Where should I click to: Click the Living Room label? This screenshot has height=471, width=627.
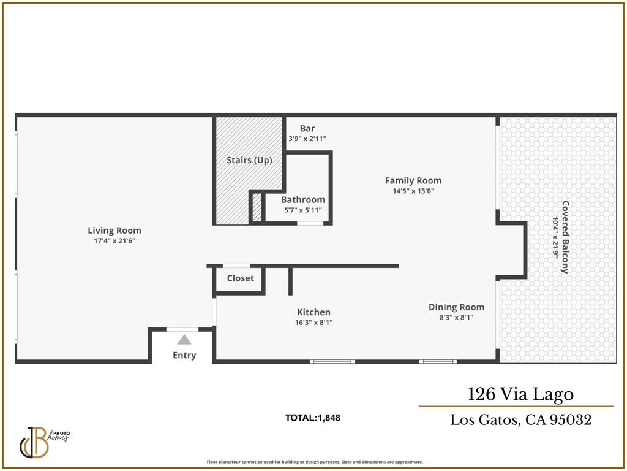115,231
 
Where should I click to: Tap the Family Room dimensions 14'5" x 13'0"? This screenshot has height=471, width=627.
413,191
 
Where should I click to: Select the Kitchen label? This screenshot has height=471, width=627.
313,312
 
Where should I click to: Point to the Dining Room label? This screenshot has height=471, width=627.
456,307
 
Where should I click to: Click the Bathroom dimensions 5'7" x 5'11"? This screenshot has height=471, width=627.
302,210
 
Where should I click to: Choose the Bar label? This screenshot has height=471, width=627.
307,129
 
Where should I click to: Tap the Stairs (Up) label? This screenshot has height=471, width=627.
249,160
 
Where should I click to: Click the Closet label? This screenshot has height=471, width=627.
240,278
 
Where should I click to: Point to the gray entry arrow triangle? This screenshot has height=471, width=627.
184,340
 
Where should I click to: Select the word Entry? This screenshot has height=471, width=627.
184,355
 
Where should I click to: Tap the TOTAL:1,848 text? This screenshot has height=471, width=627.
313,418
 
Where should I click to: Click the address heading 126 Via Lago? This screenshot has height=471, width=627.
520,394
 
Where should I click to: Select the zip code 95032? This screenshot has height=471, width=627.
571,419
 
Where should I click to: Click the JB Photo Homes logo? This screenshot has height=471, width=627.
44,443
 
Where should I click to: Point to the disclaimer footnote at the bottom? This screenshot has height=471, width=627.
315,462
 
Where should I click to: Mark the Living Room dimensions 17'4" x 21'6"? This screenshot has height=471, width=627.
115,240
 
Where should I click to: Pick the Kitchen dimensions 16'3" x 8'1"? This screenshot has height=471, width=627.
313,323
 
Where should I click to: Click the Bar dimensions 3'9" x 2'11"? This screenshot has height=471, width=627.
307,139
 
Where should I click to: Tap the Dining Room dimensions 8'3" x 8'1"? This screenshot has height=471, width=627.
456,318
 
